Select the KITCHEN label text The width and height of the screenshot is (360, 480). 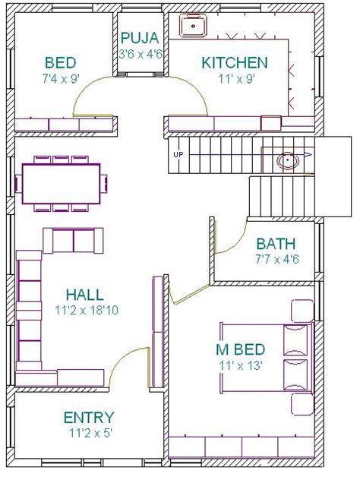click(234, 62)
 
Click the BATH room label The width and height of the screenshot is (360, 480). click(276, 245)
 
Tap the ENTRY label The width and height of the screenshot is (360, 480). click(89, 418)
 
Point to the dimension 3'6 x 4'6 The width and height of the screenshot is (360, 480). click(138, 54)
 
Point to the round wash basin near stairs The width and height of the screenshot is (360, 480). click(287, 161)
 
